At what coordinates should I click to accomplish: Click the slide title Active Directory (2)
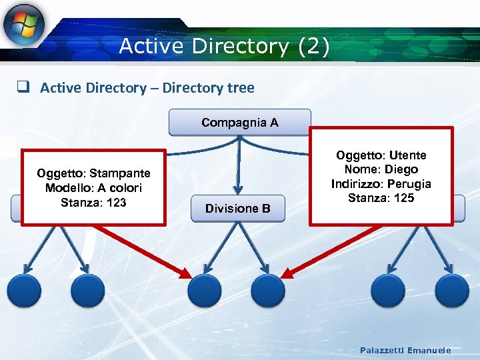tap(224, 47)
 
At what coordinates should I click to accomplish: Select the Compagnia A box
tap(239, 123)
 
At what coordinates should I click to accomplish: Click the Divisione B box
tap(237, 209)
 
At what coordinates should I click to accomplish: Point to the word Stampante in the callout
tap(121, 173)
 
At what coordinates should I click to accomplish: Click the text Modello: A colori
tap(93, 188)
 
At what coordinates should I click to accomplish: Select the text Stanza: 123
tap(93, 202)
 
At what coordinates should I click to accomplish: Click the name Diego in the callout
tap(401, 169)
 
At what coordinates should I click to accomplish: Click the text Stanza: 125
tap(381, 198)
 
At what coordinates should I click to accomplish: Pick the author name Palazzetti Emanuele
tap(405, 350)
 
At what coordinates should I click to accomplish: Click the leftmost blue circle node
tap(24, 291)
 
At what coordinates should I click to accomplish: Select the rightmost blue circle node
tap(452, 291)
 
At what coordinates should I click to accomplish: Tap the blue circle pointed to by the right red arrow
tap(268, 291)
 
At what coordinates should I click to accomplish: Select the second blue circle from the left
tap(88, 291)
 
